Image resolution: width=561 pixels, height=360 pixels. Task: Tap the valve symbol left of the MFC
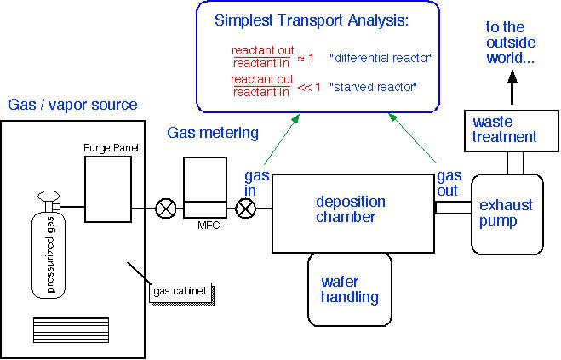[164, 208]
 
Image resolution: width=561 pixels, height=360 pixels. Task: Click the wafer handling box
[349, 289]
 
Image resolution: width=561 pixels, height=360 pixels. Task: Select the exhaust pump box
[507, 214]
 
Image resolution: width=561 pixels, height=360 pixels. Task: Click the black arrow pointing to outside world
[512, 85]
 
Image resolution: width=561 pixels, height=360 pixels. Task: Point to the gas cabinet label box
[180, 293]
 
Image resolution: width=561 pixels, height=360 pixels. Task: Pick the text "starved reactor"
[375, 85]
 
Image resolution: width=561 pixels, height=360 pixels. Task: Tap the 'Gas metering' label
[212, 132]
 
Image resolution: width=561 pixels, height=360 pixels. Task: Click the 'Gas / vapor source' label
[72, 105]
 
